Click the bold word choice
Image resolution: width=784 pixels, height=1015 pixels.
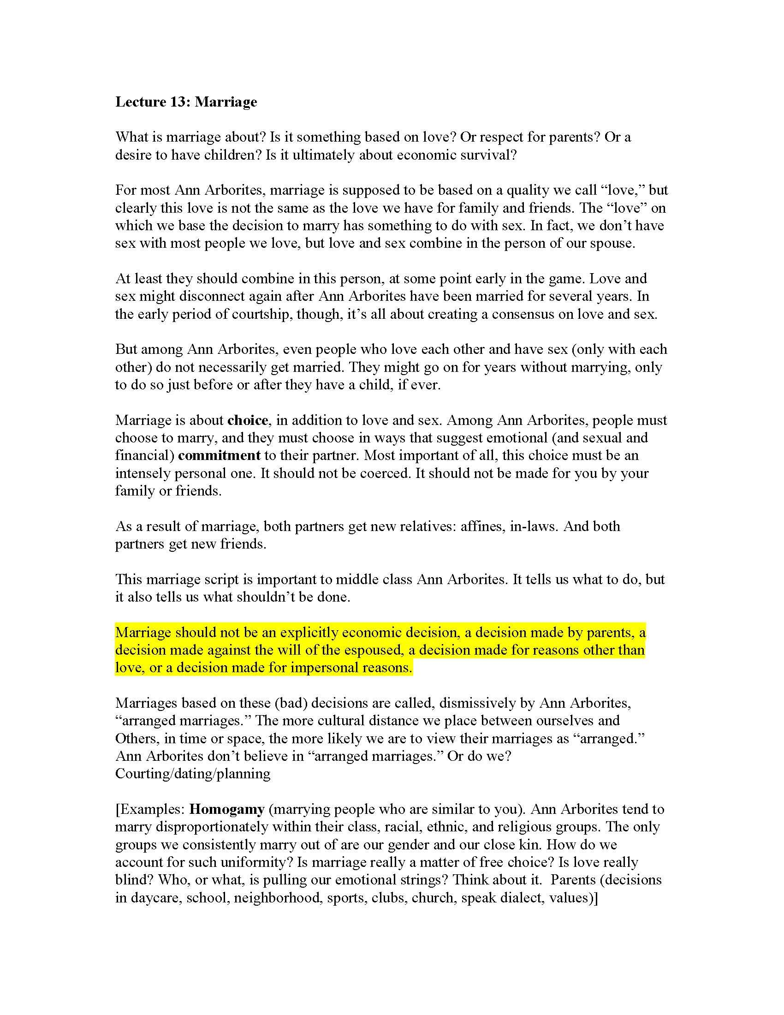(248, 420)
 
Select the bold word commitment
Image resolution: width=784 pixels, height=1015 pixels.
(219, 455)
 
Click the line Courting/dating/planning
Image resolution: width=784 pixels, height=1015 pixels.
(193, 773)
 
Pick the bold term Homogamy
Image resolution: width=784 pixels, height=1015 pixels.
(227, 809)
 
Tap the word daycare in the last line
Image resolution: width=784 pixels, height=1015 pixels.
(155, 897)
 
